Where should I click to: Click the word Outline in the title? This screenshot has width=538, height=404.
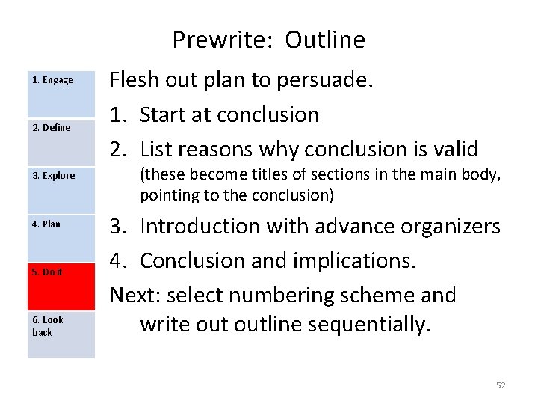click(325, 40)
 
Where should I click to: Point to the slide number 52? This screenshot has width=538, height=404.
click(501, 385)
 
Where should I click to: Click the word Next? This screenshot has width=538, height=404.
click(135, 295)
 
